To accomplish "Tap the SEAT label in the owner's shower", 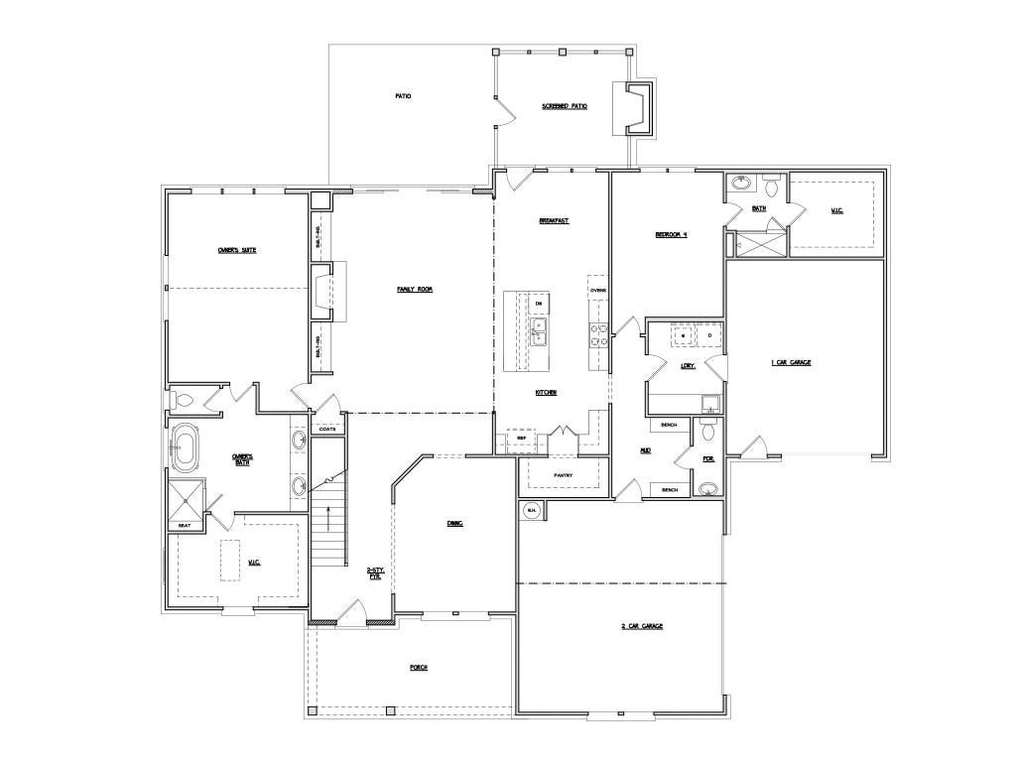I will pos(185,526).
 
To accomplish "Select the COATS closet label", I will pos(326,429).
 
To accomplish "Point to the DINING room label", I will pos(455,522).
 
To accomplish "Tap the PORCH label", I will pos(419,668).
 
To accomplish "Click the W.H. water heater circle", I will pos(531,511).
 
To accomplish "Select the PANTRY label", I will pos(564,475).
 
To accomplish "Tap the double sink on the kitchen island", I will pos(539,331).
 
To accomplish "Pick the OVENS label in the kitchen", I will pos(597,291).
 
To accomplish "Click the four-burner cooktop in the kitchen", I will pos(598,335).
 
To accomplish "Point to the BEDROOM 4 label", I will pos(671,235).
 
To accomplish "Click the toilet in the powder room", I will pos(705,432).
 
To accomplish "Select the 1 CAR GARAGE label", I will pos(791,362).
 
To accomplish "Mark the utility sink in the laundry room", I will pos(710,403).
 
